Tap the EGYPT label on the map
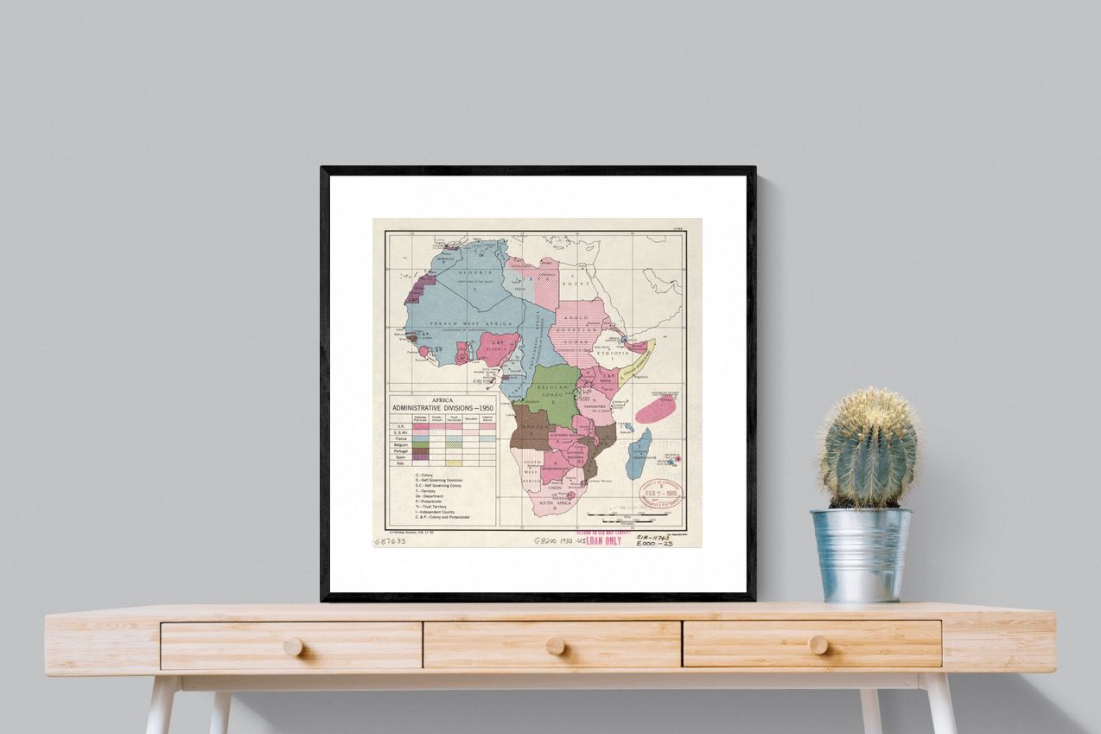pyautogui.click(x=577, y=283)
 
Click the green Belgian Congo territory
pyautogui.click(x=553, y=391)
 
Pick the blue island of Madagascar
pyautogui.click(x=638, y=453)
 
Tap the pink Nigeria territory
pyautogui.click(x=499, y=347)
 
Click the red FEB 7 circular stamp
pyautogui.click(x=660, y=494)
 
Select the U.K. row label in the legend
pyautogui.click(x=399, y=425)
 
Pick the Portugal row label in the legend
pyautogui.click(x=399, y=450)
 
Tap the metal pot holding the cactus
pyautogui.click(x=859, y=554)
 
